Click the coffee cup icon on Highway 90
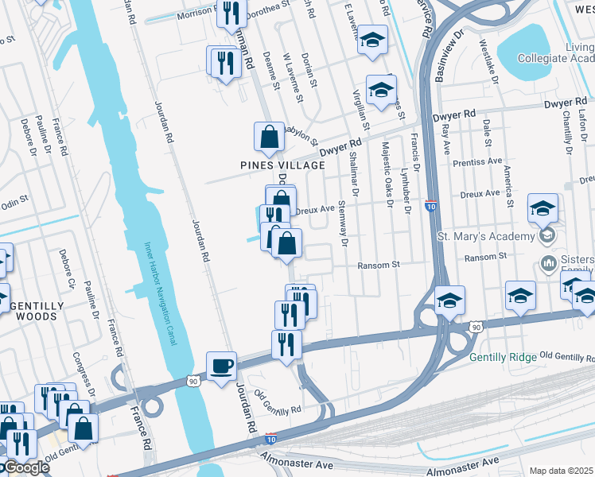point(221,366)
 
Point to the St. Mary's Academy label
point(486,237)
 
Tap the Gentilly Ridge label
point(504,357)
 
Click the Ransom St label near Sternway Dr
point(377,265)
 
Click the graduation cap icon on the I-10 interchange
point(449,301)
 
